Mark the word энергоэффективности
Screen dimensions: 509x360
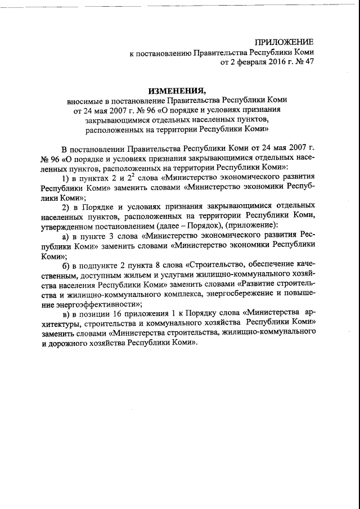pyautogui.click(x=95, y=304)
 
